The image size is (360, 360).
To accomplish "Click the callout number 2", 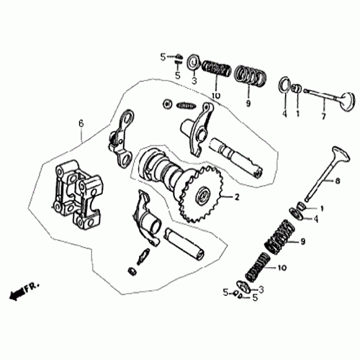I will coord(229,197).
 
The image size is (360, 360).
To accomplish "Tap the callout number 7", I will coord(323,115).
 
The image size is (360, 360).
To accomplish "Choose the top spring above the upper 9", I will coord(250,74).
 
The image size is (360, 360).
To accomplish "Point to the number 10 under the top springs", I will coord(215,96).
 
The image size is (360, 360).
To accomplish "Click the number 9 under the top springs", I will coord(248,104).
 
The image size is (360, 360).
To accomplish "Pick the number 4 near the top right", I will coord(284,114).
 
